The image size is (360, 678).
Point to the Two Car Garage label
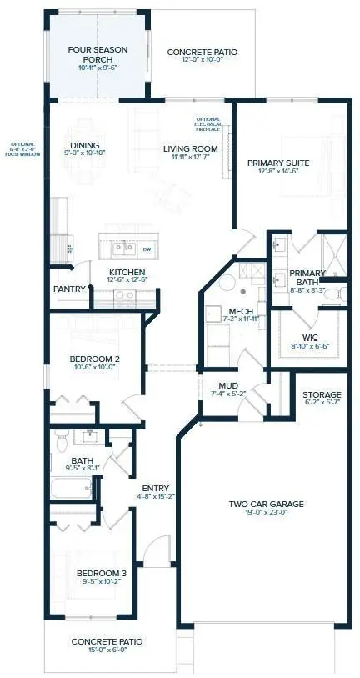(265, 504)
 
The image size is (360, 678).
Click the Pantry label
(69, 289)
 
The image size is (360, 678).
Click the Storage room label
(322, 394)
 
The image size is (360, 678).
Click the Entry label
(156, 489)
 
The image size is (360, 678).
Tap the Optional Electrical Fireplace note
(208, 124)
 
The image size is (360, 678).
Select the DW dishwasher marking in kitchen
(146, 249)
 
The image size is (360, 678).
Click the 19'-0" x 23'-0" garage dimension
(265, 514)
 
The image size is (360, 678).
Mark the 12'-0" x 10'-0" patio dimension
(202, 62)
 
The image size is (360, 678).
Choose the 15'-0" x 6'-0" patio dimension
(107, 651)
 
